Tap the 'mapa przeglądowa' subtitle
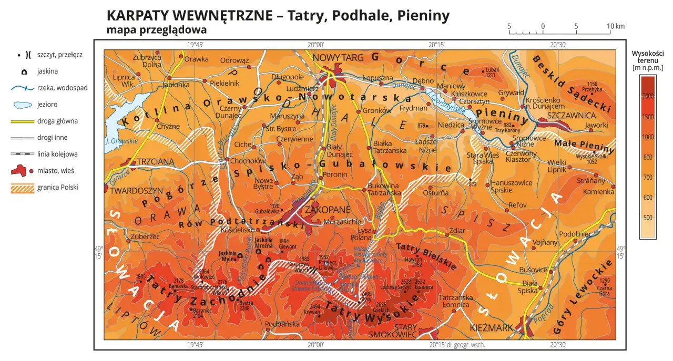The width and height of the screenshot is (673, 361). [156, 30]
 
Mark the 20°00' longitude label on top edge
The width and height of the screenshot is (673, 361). [317, 45]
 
